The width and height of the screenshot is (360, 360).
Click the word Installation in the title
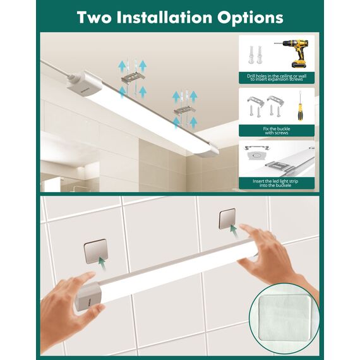[164, 18]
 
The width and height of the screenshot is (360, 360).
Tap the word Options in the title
[251, 18]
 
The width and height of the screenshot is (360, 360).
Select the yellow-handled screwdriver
[299, 106]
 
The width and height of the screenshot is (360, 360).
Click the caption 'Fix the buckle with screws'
[277, 131]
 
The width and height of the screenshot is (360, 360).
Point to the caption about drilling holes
[277, 78]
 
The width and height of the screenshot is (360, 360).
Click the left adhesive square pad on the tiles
[96, 251]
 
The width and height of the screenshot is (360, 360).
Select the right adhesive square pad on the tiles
[227, 219]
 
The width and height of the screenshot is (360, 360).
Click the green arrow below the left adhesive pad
[102, 263]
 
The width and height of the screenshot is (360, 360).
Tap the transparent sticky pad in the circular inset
[284, 318]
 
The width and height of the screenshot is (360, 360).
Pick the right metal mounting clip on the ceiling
[184, 111]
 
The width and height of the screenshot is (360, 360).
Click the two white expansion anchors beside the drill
[255, 55]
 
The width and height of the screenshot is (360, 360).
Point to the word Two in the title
[94, 18]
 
